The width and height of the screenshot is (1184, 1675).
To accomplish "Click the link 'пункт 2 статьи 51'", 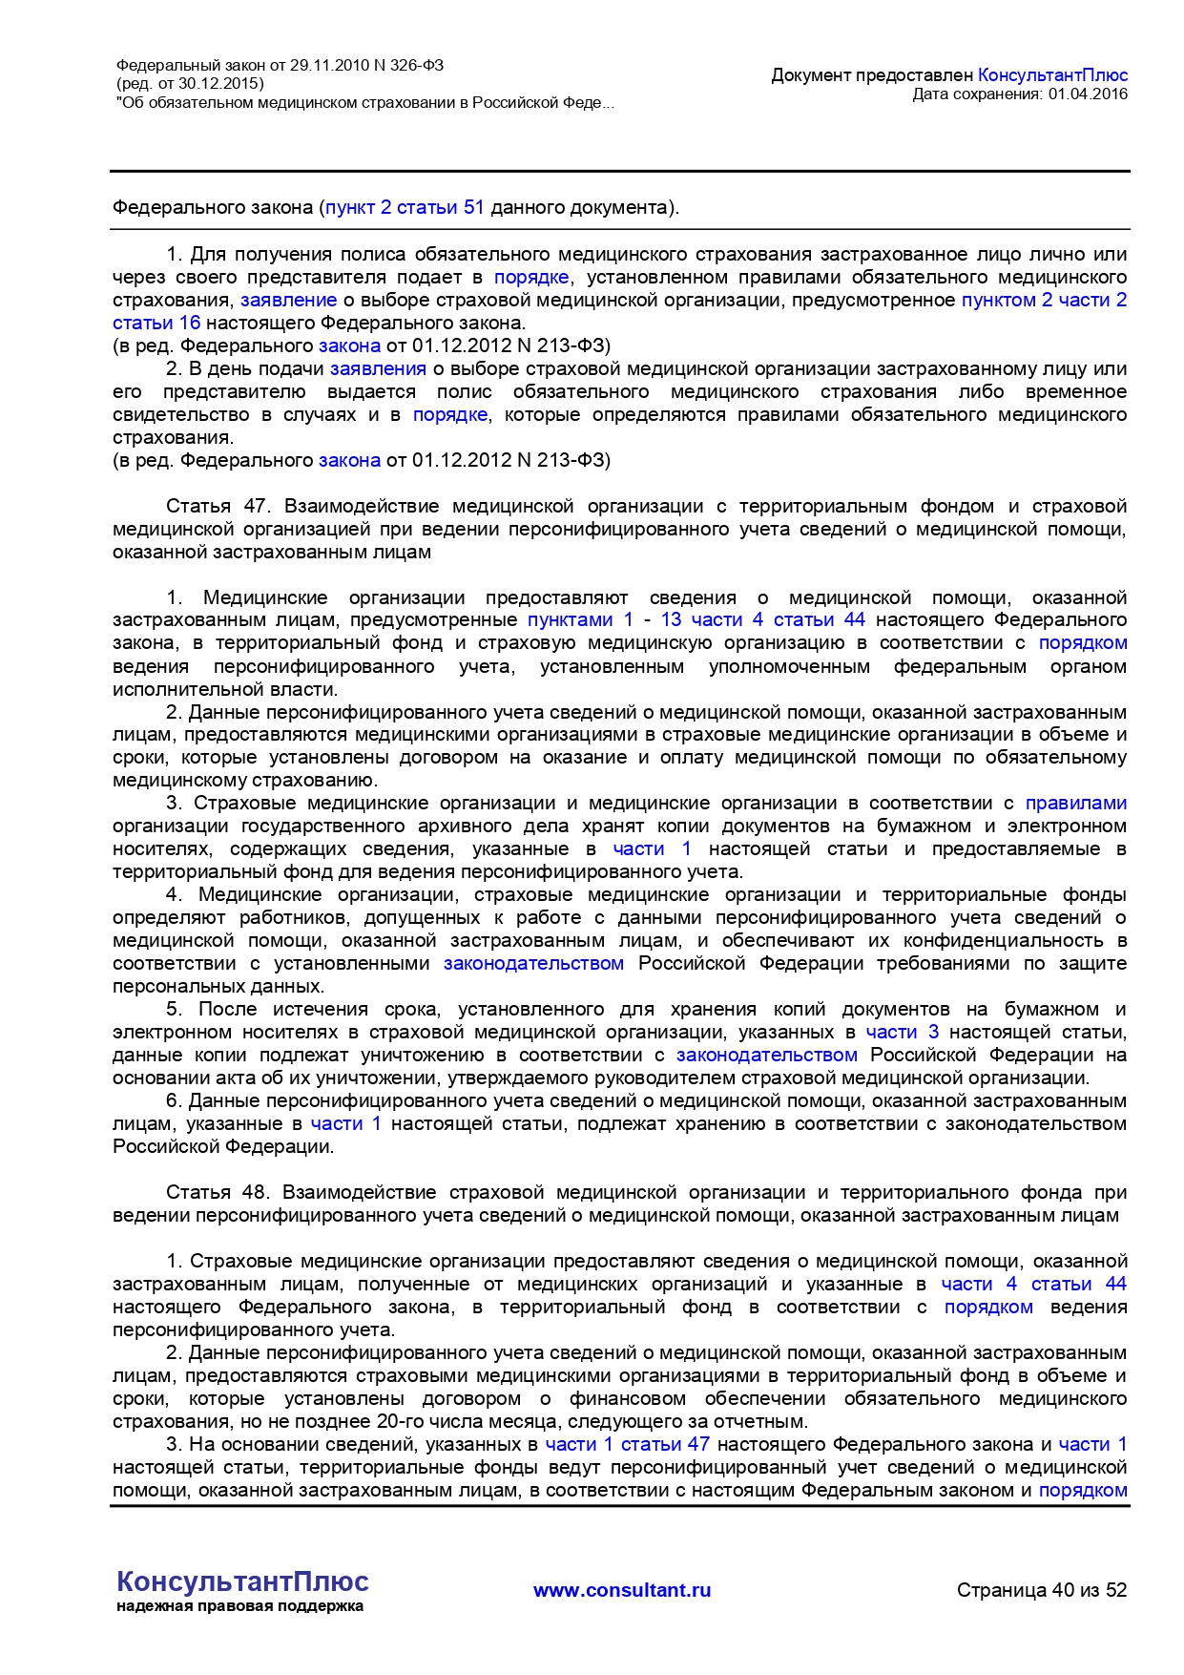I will (405, 207).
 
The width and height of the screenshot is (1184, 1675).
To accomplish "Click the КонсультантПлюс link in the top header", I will (1052, 74).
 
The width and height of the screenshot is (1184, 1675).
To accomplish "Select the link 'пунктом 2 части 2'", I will (1044, 300).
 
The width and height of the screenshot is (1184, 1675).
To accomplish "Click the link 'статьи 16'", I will (156, 323).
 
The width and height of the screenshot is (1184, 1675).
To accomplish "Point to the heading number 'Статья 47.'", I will (218, 506).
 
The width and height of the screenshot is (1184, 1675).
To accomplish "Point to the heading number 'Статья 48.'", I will (217, 1192).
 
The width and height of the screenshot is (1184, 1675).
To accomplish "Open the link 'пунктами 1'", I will (580, 620).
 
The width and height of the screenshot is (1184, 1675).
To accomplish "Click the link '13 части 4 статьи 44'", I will (762, 620).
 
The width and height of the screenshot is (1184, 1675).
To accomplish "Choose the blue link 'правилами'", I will (1075, 803).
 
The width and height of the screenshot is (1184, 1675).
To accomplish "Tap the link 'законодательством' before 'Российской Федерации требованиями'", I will (533, 963).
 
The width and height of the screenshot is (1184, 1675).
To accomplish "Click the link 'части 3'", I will (902, 1032).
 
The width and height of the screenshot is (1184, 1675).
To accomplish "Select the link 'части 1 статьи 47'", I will (627, 1444).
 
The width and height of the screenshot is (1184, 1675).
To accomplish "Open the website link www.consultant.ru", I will (622, 1590).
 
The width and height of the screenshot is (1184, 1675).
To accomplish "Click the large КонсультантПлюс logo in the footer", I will (242, 1581).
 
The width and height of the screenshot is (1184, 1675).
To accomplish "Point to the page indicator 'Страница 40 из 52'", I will (1042, 1590).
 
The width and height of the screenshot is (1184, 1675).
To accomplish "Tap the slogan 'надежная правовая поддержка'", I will (239, 1606).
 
